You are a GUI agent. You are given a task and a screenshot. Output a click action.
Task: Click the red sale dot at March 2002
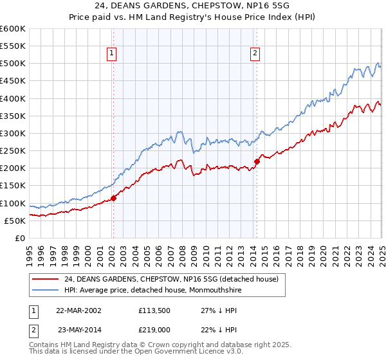pyautogui.click(x=113, y=199)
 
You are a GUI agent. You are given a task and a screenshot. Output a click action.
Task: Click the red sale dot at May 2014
pyautogui.click(x=256, y=161)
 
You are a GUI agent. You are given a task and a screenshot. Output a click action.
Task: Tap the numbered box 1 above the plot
pyautogui.click(x=113, y=53)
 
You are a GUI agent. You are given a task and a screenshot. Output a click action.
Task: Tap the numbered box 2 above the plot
pyautogui.click(x=255, y=53)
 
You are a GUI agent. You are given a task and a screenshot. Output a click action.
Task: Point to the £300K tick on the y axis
pyautogui.click(x=14, y=133)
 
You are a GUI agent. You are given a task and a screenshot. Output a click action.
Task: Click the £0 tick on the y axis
pyautogui.click(x=19, y=238)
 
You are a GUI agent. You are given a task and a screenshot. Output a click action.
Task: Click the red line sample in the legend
pyautogui.click(x=44, y=280)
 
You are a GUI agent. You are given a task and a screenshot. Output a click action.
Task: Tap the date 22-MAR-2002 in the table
pyautogui.click(x=78, y=309)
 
